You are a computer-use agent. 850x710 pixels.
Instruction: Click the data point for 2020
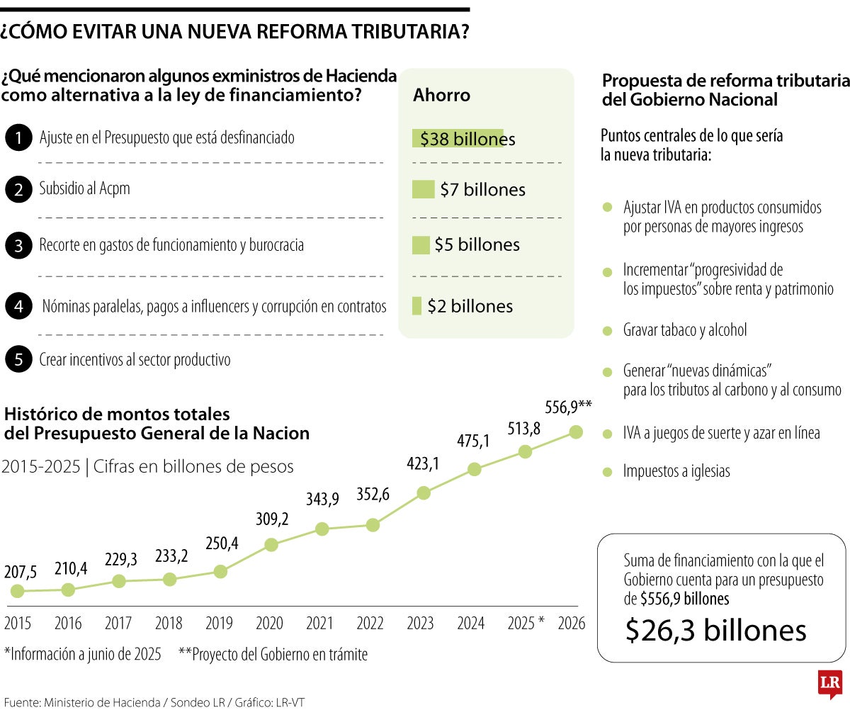tap(271, 544)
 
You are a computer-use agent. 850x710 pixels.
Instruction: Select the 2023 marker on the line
tap(424, 493)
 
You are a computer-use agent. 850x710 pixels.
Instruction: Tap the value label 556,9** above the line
tap(568, 407)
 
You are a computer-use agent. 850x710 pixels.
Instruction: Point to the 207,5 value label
tap(21, 572)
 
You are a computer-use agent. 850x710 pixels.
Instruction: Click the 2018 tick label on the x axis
tap(169, 624)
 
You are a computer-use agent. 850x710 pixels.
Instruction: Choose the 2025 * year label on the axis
tap(526, 624)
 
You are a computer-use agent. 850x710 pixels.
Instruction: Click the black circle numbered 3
tap(18, 246)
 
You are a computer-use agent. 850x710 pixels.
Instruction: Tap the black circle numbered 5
tap(18, 360)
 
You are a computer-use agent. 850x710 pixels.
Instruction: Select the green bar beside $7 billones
tap(423, 190)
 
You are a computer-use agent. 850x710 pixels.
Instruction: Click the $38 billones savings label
tap(467, 139)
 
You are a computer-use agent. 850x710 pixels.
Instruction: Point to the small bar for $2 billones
tap(416, 306)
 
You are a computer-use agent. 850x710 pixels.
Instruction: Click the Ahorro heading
tap(441, 95)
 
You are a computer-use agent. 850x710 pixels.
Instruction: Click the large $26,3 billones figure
tap(715, 630)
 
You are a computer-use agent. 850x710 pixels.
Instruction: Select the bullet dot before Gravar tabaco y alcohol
tap(607, 331)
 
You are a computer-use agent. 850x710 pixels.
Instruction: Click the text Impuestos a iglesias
tap(676, 471)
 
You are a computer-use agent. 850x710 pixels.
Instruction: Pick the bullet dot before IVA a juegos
tap(607, 434)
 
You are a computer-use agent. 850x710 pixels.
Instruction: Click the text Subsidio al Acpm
tap(84, 189)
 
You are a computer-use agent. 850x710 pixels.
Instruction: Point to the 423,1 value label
tap(423, 464)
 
